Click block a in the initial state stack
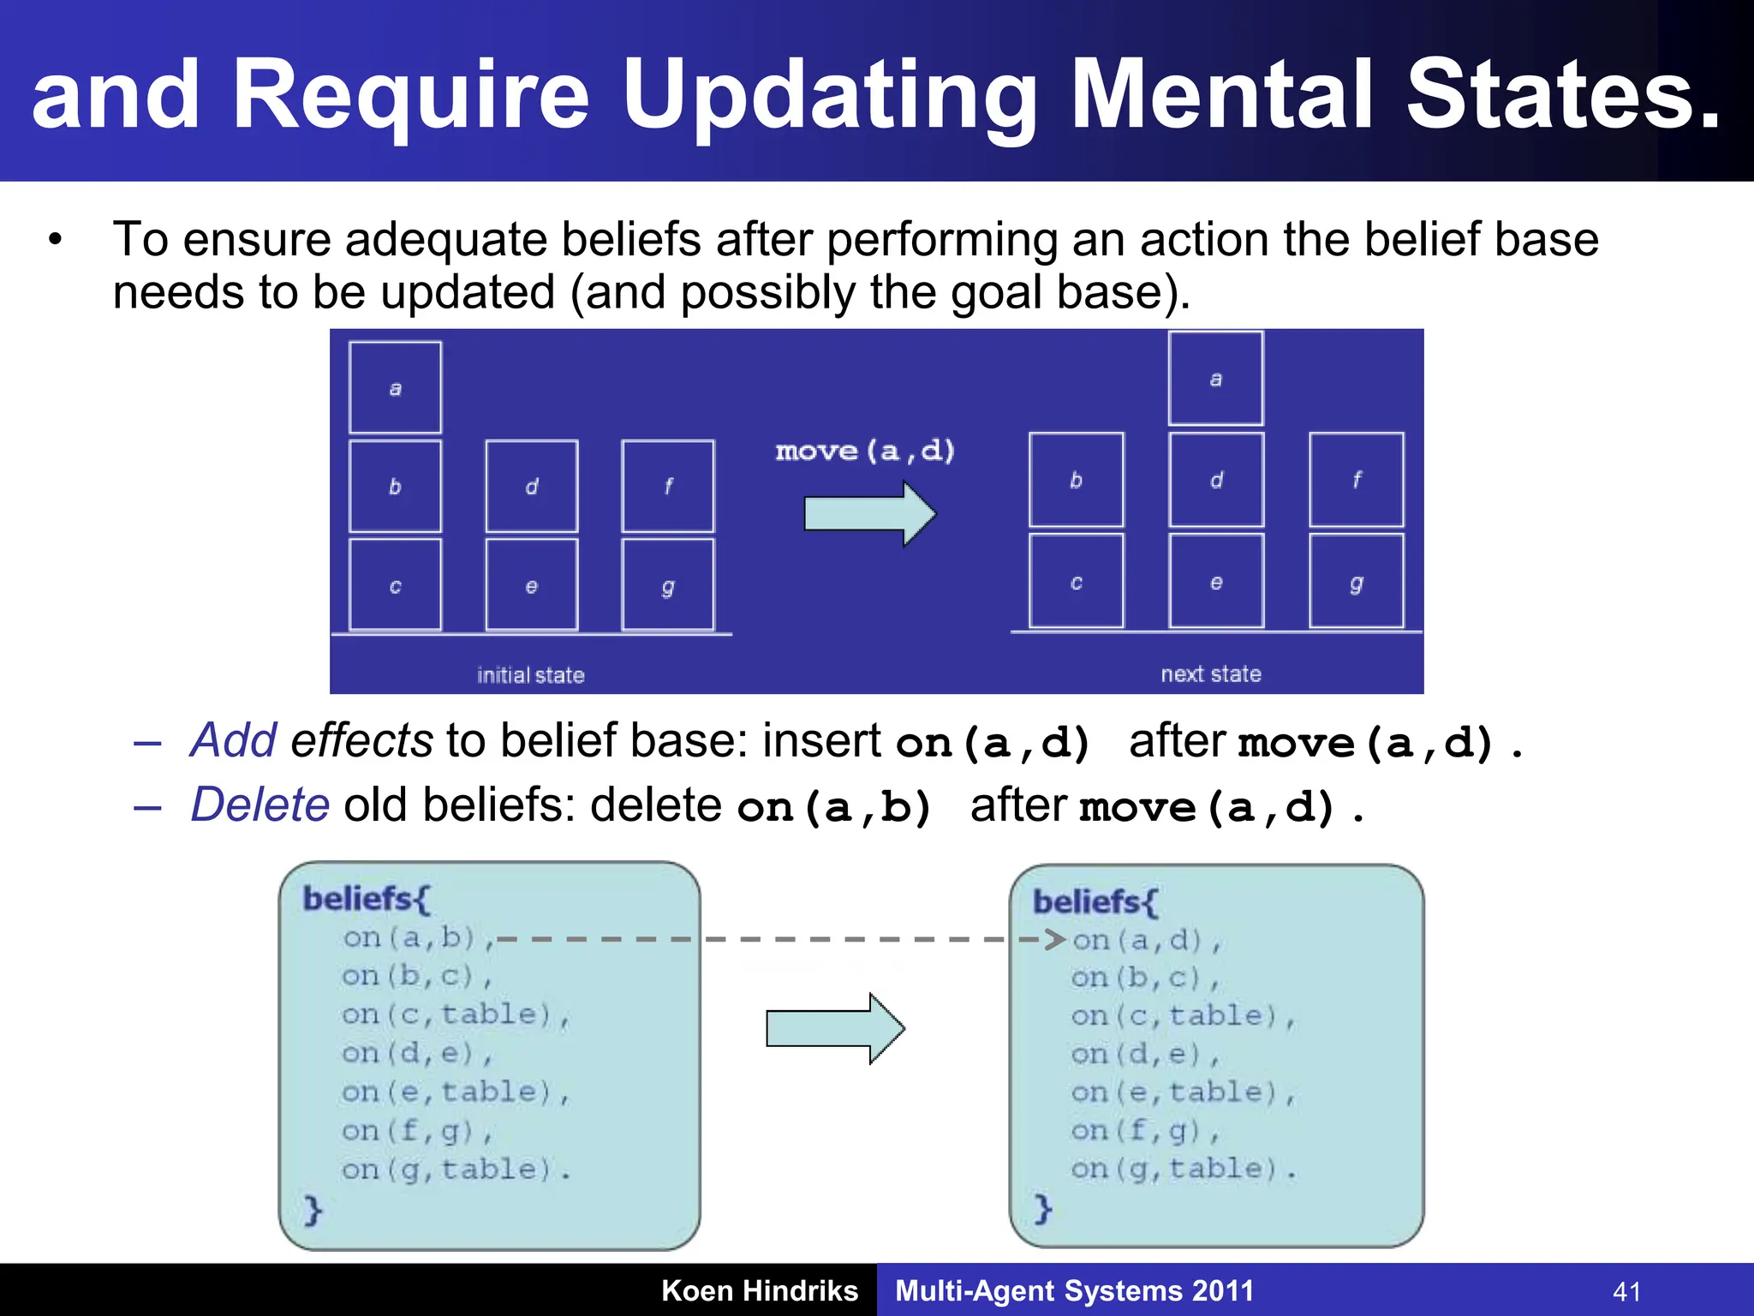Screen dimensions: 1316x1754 click(395, 388)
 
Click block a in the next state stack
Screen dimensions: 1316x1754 click(1215, 379)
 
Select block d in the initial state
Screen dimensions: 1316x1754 click(532, 486)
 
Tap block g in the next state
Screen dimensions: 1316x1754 click(1356, 582)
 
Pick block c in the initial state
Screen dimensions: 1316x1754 click(395, 585)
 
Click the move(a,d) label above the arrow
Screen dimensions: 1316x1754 click(865, 450)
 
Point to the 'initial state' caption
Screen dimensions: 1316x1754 click(530, 675)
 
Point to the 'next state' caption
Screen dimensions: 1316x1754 click(1210, 673)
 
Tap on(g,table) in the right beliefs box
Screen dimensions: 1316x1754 click(1182, 1169)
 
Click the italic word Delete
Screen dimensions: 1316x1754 click(260, 805)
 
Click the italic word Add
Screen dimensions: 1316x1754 click(233, 740)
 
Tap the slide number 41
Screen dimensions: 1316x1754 click(1626, 1291)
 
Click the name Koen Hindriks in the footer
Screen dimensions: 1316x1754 click(759, 1290)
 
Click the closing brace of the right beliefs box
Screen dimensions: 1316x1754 click(1042, 1209)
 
